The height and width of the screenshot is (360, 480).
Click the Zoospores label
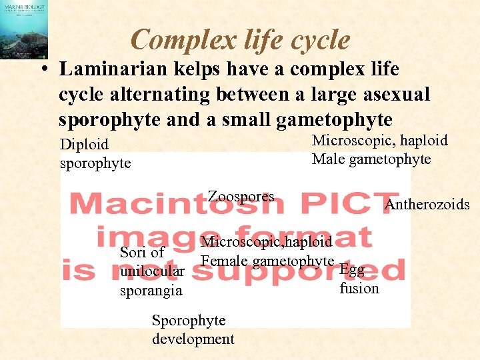241,196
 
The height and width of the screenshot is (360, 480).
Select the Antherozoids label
427,204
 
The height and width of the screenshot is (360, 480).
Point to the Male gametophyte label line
371,159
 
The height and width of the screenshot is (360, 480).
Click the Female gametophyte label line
267,261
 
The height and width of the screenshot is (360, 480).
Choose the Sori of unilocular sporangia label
152,271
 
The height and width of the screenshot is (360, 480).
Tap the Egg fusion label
359,279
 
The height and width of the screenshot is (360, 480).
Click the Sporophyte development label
193,329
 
